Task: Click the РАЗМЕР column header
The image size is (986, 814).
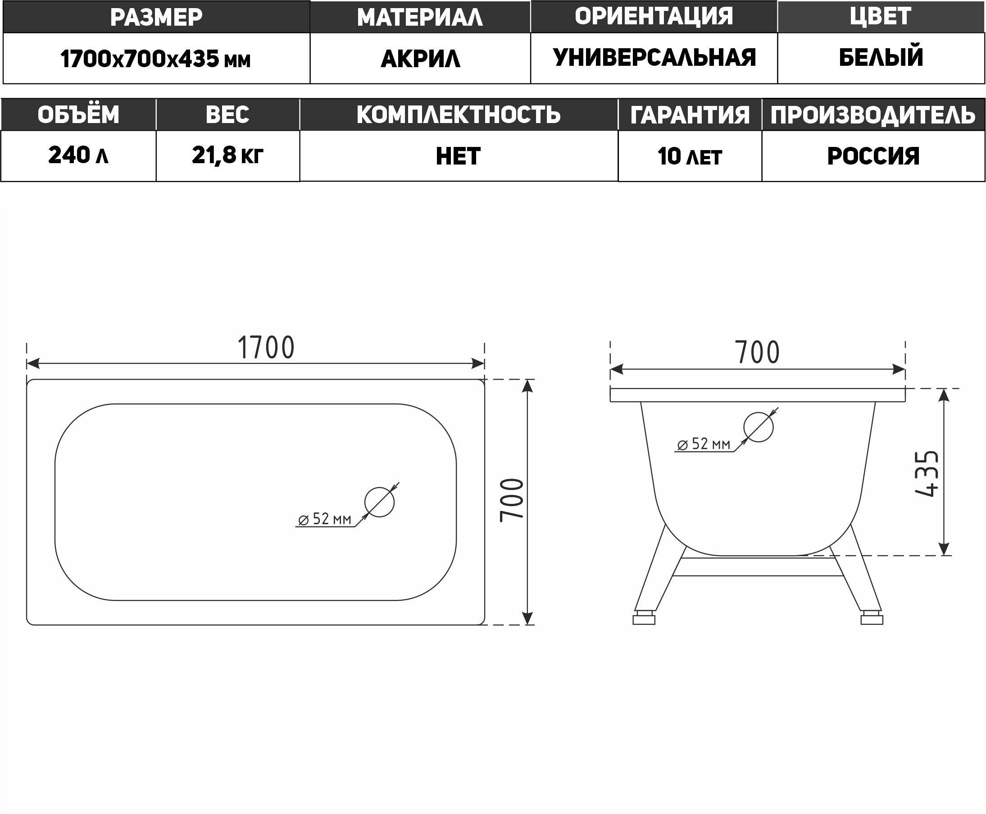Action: click(156, 17)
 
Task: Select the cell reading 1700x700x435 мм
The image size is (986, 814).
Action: click(156, 59)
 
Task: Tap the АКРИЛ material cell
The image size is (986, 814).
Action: click(420, 59)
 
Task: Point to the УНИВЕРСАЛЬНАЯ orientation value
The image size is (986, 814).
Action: click(654, 58)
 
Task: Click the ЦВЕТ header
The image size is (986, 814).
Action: click(881, 16)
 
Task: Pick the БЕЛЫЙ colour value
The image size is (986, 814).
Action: click(881, 57)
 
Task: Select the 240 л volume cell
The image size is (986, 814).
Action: click(78, 155)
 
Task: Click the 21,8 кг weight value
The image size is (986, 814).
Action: click(228, 155)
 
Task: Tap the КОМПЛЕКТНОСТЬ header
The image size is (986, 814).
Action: click(459, 114)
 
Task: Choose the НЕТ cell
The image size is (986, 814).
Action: click(459, 156)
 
